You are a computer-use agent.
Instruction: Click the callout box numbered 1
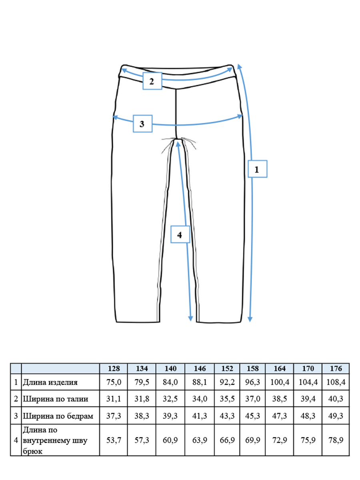click(257, 169)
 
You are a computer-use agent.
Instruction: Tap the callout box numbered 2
click(152, 81)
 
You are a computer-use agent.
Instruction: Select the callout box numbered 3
click(143, 124)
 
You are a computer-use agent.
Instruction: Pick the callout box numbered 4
click(180, 234)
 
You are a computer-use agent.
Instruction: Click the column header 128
click(114, 368)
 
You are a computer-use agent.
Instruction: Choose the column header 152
click(227, 368)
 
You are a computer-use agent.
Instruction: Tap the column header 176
click(336, 368)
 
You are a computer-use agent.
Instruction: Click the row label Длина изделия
click(50, 382)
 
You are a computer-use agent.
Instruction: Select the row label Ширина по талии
click(56, 399)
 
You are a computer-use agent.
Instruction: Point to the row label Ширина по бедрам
click(58, 416)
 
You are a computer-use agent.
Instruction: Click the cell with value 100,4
click(280, 382)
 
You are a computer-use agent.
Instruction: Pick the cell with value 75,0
click(114, 382)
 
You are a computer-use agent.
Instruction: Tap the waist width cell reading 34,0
click(200, 399)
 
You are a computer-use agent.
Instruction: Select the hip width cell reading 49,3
click(336, 416)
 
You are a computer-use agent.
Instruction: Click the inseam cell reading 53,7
click(114, 440)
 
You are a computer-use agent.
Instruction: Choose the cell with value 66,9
click(227, 440)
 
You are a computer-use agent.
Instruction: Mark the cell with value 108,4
click(336, 382)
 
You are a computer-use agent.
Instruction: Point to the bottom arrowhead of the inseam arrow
click(191, 319)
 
